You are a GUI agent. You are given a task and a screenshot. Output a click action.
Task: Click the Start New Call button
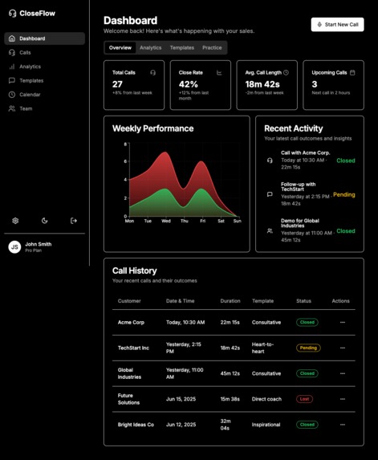pyautogui.click(x=337, y=25)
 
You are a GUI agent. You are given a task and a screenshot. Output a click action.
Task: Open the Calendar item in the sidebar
pyautogui.click(x=30, y=95)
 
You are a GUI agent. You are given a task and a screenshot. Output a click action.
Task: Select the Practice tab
pyautogui.click(x=212, y=48)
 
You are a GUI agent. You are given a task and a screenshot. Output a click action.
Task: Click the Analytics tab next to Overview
pyautogui.click(x=150, y=48)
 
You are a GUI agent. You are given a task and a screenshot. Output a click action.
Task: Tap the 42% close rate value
pyautogui.click(x=189, y=84)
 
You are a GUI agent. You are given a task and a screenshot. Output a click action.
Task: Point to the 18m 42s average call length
pyautogui.click(x=262, y=84)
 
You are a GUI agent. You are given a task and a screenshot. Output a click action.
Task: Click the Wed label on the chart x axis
pyautogui.click(x=166, y=221)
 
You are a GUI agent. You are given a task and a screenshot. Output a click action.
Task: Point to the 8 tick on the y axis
pyautogui.click(x=125, y=145)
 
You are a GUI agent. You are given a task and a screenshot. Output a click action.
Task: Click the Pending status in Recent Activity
pyautogui.click(x=343, y=195)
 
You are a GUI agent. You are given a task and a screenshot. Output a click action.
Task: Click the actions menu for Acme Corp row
pyautogui.click(x=343, y=323)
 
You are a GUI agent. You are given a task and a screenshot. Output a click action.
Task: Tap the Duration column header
pyautogui.click(x=230, y=301)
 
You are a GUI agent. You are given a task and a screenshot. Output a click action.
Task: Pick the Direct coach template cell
pyautogui.click(x=268, y=399)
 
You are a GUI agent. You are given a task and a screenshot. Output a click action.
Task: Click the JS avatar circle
pyautogui.click(x=14, y=247)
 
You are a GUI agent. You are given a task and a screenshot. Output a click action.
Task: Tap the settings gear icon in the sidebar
pyautogui.click(x=15, y=221)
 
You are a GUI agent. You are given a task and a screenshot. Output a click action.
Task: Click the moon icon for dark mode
pyautogui.click(x=45, y=221)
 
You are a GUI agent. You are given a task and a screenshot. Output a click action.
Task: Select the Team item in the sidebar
pyautogui.click(x=26, y=108)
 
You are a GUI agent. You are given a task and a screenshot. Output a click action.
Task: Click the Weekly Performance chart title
pyautogui.click(x=152, y=128)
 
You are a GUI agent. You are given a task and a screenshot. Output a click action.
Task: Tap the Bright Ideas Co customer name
pyautogui.click(x=136, y=425)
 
